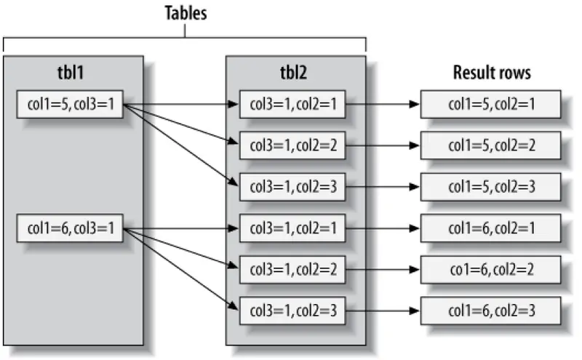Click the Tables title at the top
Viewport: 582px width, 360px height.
(185, 12)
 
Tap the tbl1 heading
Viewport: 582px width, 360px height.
(73, 73)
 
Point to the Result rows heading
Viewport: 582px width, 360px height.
(492, 73)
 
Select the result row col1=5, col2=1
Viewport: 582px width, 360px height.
(491, 104)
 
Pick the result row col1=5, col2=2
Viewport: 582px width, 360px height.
(491, 145)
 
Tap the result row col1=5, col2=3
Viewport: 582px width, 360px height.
(491, 187)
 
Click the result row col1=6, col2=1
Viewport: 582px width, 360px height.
(491, 229)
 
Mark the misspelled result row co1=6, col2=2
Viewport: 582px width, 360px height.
(491, 270)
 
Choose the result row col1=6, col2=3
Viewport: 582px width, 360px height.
(491, 311)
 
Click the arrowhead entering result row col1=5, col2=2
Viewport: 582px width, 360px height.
(415, 145)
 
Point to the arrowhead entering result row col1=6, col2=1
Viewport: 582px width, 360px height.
(415, 229)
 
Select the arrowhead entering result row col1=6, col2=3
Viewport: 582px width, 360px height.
(415, 311)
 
